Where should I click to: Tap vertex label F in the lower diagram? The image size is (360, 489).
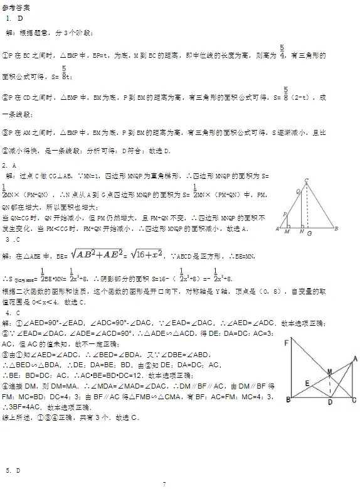pos(286,342)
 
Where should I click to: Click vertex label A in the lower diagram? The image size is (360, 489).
pos(356,358)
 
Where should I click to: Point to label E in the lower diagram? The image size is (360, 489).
pos(307,382)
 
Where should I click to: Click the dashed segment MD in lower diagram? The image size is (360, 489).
pos(331,387)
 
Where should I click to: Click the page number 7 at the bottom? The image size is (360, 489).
pos(164,483)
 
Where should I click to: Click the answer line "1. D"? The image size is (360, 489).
pos(14,18)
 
